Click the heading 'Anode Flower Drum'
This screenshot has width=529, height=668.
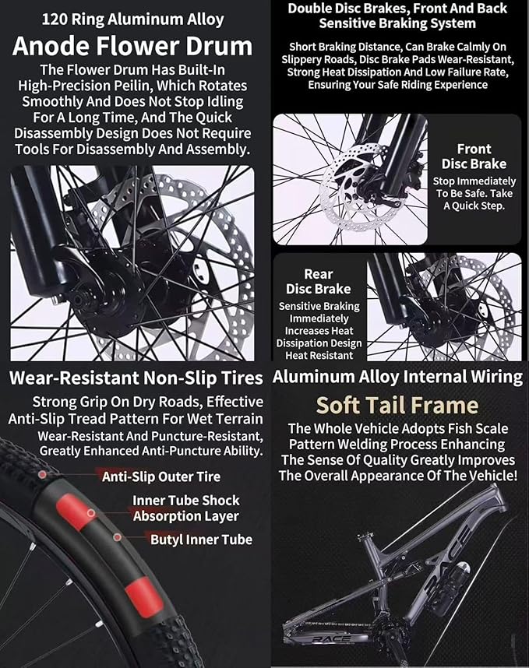coord(132,46)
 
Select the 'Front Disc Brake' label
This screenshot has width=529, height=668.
coord(474,156)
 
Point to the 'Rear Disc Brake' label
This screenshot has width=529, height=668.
coord(319,281)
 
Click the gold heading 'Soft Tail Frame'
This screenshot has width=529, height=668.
coord(397,405)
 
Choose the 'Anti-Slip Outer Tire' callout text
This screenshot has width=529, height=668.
coord(161,476)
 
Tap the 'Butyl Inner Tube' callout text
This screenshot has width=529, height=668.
coord(201,540)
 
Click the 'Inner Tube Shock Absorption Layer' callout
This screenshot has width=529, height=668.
coord(186,508)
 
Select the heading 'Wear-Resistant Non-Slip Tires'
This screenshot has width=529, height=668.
coord(136,378)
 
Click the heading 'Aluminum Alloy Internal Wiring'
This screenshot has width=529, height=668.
coord(397,377)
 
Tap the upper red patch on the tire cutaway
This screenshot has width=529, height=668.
coord(75,512)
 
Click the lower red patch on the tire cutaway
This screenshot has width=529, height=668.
coord(144,596)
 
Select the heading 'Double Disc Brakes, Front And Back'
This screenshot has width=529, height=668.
coord(397,8)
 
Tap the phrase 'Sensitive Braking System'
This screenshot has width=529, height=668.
coord(397,23)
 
